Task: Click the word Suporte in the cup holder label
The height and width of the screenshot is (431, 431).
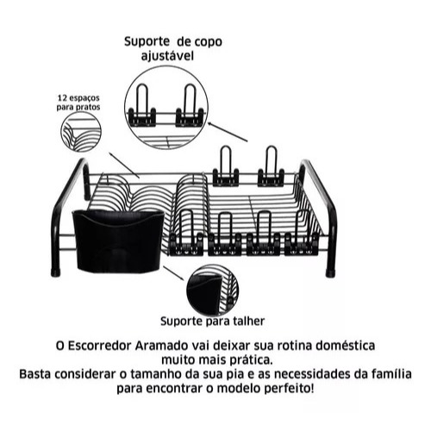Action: point(147,42)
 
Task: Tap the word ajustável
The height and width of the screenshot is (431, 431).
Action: point(167,56)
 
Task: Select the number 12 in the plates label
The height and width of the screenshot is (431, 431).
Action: point(63,98)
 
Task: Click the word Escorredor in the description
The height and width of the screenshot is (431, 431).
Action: point(99,346)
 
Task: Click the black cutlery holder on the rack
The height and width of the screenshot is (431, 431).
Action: point(117,240)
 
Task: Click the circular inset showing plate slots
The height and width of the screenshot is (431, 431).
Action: point(82,131)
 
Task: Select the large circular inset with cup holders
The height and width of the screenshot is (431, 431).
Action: point(166,108)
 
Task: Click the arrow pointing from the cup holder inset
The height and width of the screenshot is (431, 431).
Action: point(228,132)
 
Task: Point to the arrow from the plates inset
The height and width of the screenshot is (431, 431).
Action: point(125,166)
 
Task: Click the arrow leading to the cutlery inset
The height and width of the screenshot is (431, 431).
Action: point(173,273)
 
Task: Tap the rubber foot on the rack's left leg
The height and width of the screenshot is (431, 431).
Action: point(56,272)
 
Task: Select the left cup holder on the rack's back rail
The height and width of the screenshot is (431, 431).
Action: point(226,166)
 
